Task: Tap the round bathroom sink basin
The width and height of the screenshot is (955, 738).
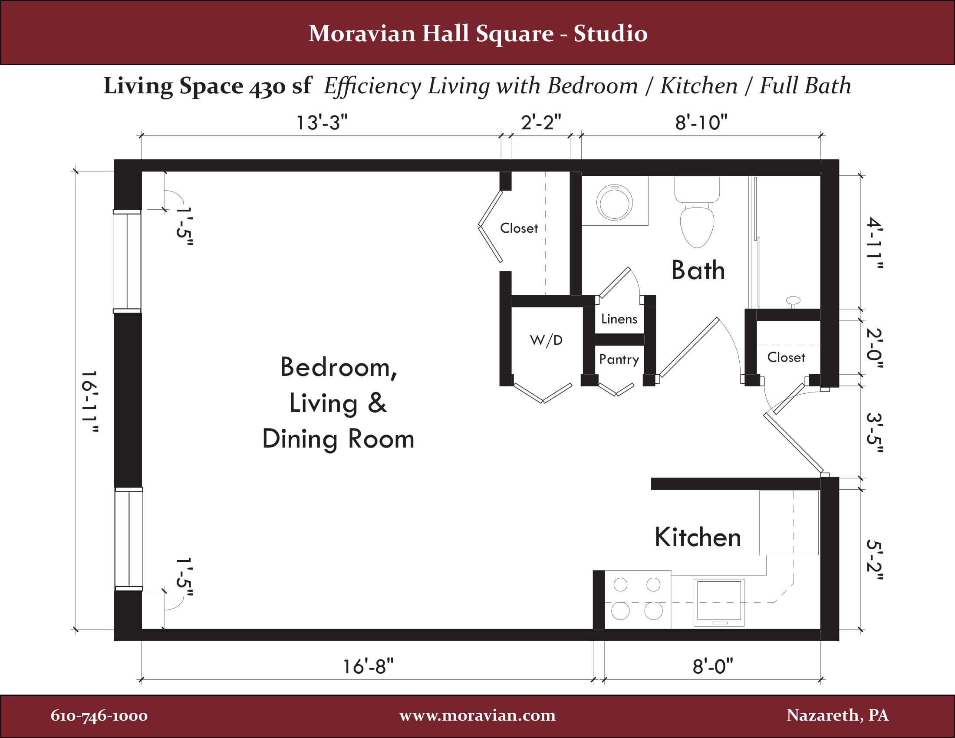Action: pyautogui.click(x=614, y=203)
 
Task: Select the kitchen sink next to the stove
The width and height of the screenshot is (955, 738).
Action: pyautogui.click(x=718, y=602)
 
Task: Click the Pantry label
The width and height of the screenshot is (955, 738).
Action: pyautogui.click(x=619, y=359)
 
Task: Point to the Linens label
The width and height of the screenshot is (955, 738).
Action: pyautogui.click(x=619, y=319)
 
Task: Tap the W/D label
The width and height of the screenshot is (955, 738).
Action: pyautogui.click(x=546, y=340)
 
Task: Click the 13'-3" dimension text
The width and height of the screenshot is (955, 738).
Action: pyautogui.click(x=322, y=122)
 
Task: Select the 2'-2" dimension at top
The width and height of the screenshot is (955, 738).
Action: pyautogui.click(x=540, y=122)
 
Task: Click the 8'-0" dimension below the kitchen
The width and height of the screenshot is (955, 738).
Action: pyautogui.click(x=712, y=667)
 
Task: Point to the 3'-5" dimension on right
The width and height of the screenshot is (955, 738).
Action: pyautogui.click(x=875, y=433)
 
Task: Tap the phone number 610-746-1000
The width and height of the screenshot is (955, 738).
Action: pyautogui.click(x=99, y=716)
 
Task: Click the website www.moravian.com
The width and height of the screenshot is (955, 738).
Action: pyautogui.click(x=477, y=715)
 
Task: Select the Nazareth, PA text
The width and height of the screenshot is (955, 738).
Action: pyautogui.click(x=837, y=715)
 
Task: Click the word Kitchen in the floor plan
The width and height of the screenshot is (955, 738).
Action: pyautogui.click(x=698, y=537)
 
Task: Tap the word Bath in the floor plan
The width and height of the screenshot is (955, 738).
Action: pyautogui.click(x=698, y=270)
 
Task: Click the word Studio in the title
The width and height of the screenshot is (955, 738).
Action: pyautogui.click(x=610, y=34)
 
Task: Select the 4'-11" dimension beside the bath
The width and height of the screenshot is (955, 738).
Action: pyautogui.click(x=875, y=243)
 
